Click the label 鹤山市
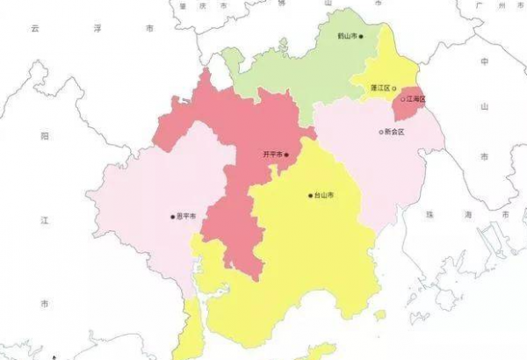click(x=347, y=37)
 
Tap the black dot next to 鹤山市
click(x=361, y=37)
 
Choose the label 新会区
click(x=394, y=132)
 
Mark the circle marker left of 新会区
click(x=381, y=132)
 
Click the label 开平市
click(x=272, y=155)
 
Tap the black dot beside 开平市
click(x=286, y=155)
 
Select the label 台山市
click(x=324, y=195)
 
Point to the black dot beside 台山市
click(x=310, y=195)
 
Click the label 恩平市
click(x=185, y=216)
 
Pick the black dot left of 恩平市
click(x=173, y=216)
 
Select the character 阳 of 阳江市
click(x=44, y=137)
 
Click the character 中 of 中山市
click(x=484, y=62)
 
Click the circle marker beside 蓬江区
click(x=393, y=88)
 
